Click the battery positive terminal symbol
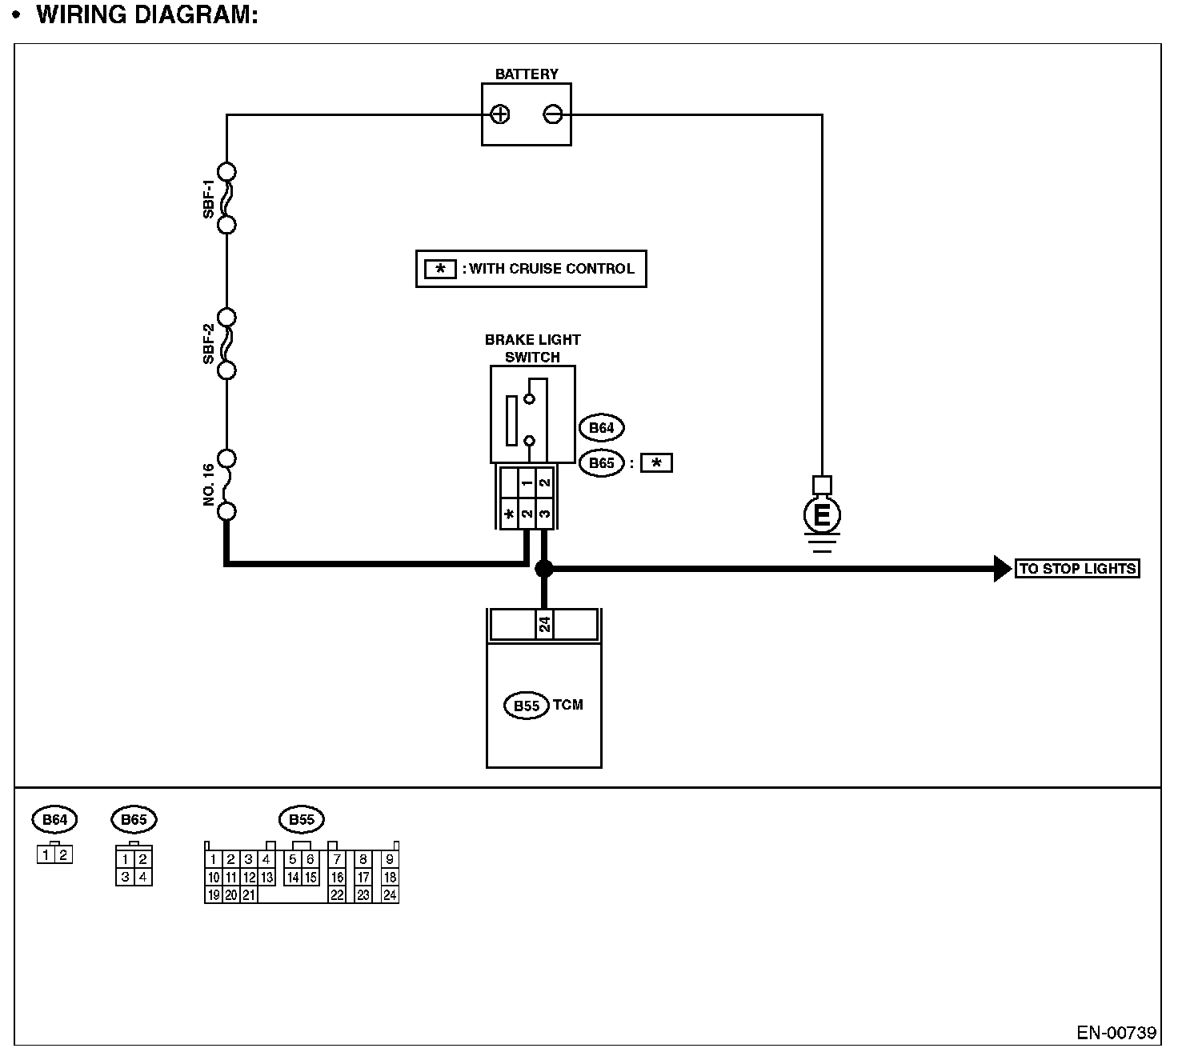(x=500, y=114)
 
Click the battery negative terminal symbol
(x=553, y=114)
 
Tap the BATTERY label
(x=527, y=74)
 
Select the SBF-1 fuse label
(x=209, y=198)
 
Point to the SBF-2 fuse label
(x=209, y=344)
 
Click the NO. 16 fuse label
(x=209, y=485)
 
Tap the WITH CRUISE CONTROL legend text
(x=551, y=269)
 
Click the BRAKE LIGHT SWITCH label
(x=532, y=348)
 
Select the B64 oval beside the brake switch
(x=601, y=428)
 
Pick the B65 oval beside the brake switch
(x=601, y=463)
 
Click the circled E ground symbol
(x=822, y=516)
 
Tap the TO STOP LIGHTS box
(x=1077, y=569)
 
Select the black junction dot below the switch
(x=544, y=569)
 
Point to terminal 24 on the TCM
(x=544, y=624)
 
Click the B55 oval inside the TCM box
(x=526, y=706)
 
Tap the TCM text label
(x=568, y=705)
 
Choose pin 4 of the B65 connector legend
(x=142, y=877)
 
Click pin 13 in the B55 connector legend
(x=267, y=878)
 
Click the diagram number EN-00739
(x=1116, y=1033)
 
